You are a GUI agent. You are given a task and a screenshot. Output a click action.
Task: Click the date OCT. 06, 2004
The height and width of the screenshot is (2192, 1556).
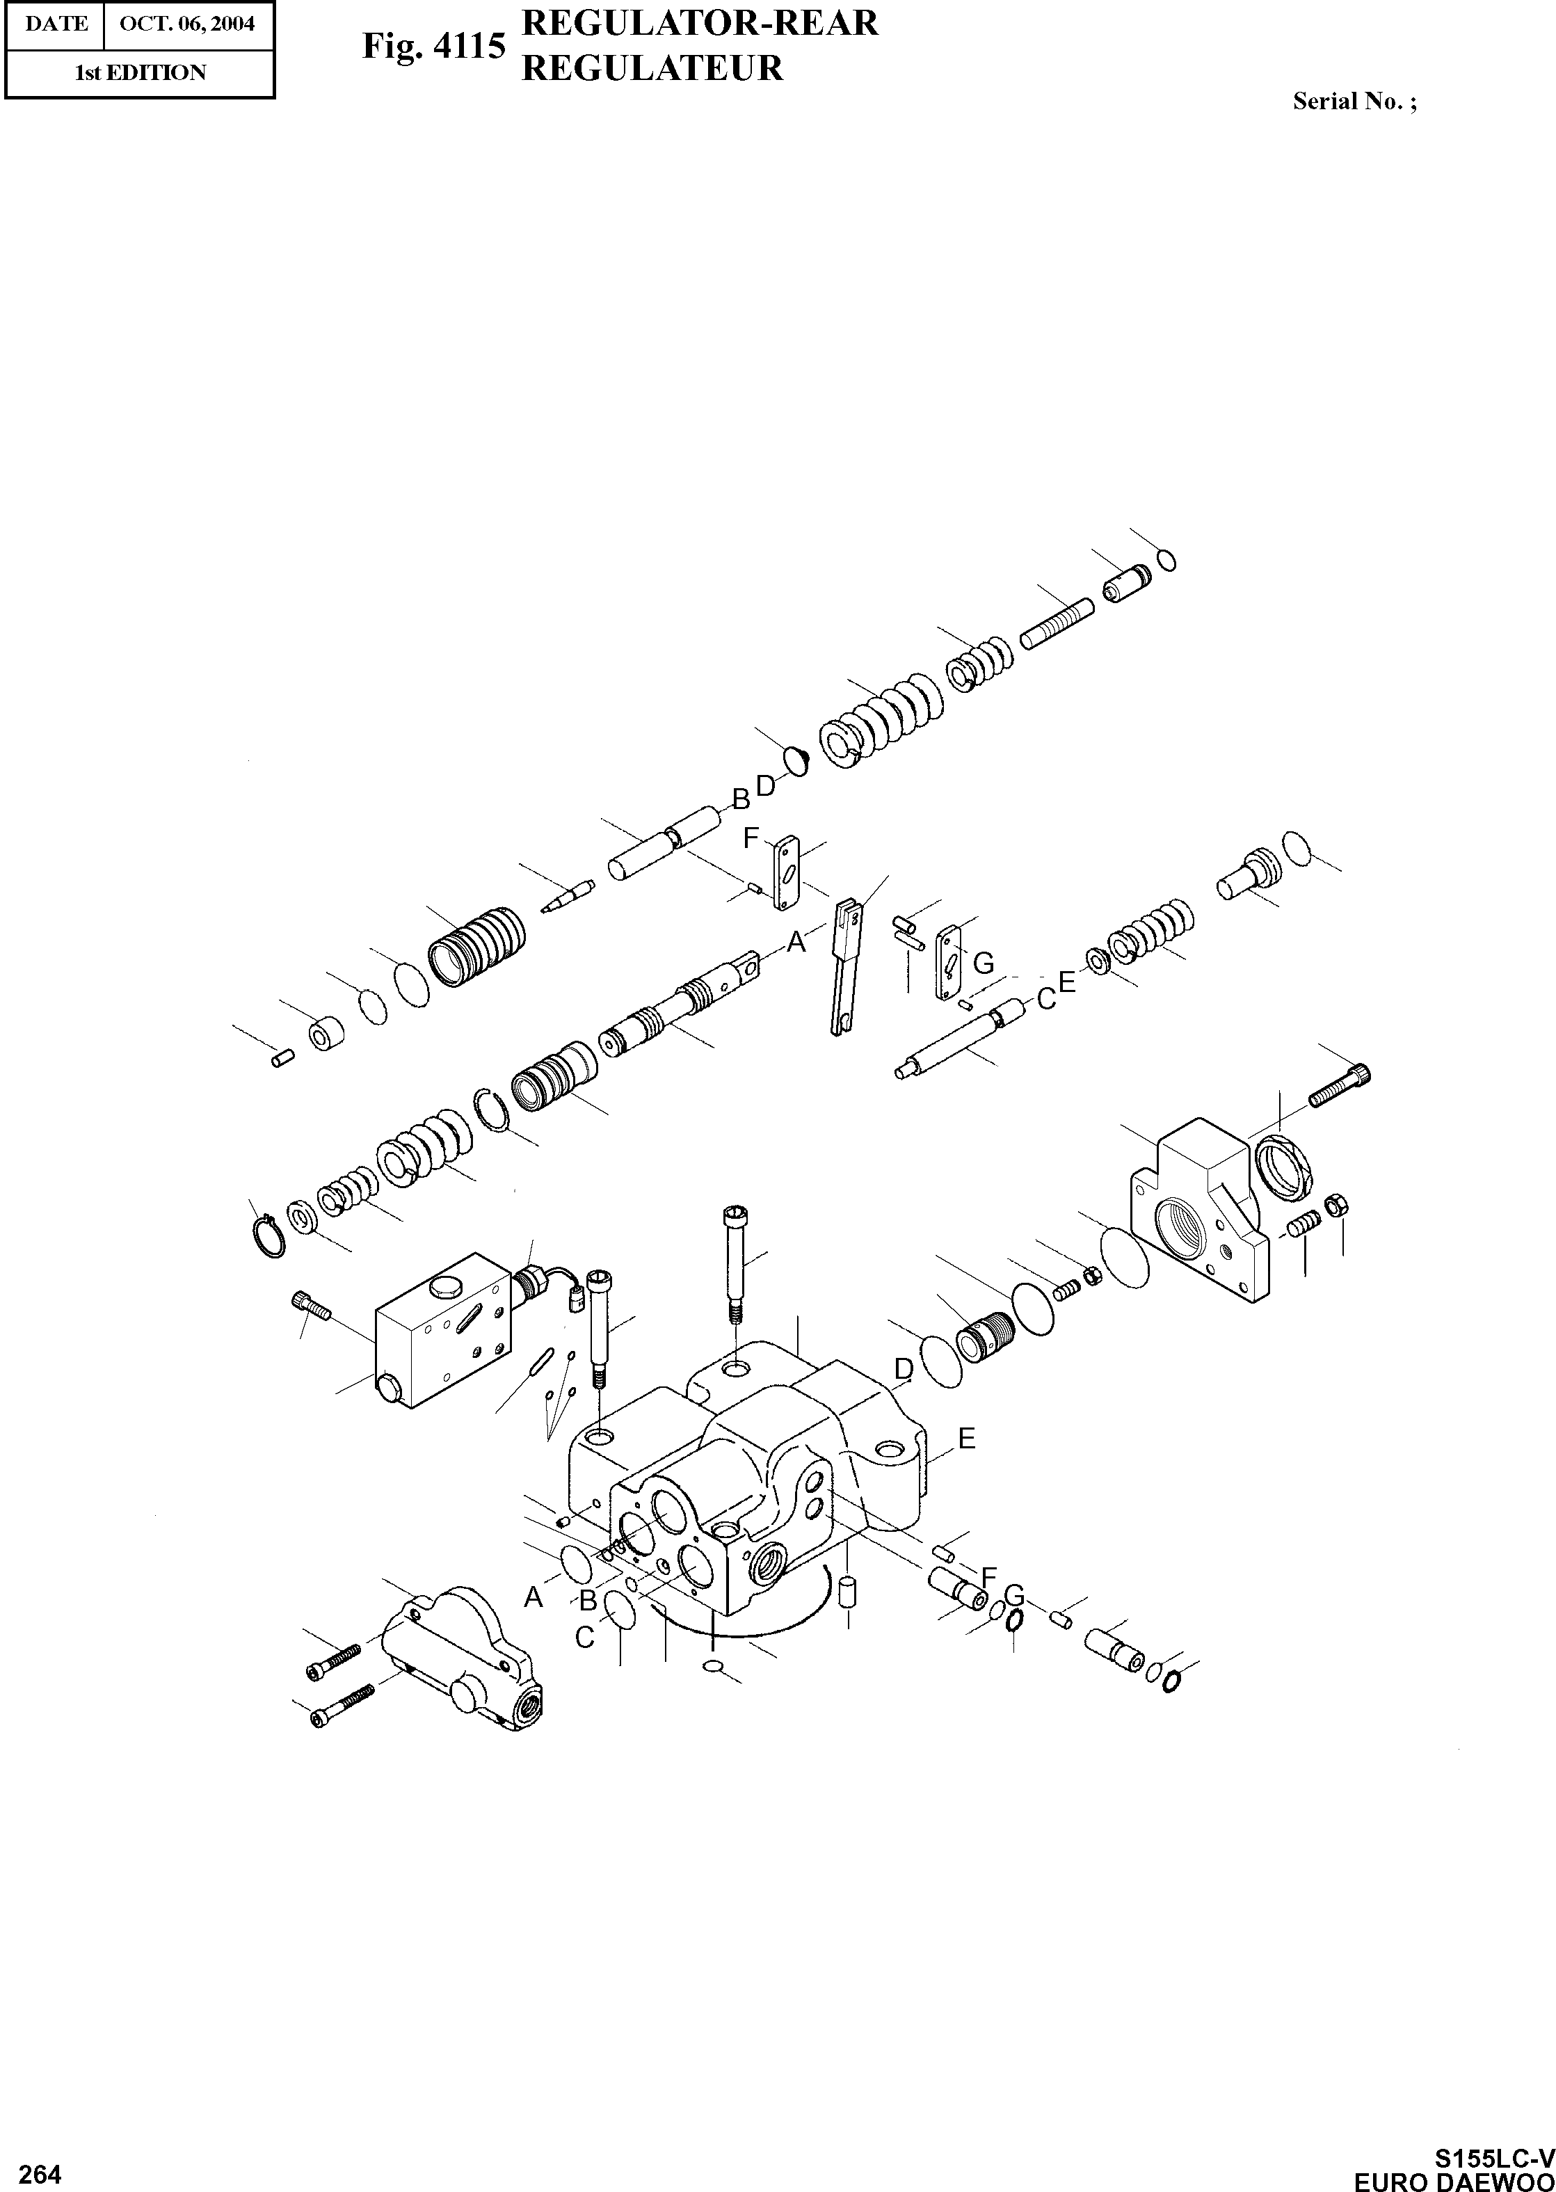[187, 24]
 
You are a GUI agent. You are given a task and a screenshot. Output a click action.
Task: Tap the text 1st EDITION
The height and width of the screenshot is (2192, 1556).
[140, 73]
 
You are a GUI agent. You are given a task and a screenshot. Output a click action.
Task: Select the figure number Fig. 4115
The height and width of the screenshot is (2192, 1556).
[433, 45]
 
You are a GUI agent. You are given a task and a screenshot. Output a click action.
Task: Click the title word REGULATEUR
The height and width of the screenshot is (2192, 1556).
[652, 68]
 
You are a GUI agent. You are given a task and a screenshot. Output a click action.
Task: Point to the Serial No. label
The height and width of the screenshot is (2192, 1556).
[1354, 101]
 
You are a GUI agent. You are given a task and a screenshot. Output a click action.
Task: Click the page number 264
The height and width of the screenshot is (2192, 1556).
[39, 2149]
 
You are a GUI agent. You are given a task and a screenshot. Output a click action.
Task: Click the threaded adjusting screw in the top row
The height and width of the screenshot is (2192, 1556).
[1057, 623]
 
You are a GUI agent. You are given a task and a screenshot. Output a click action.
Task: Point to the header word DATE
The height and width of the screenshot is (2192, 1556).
[56, 24]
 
